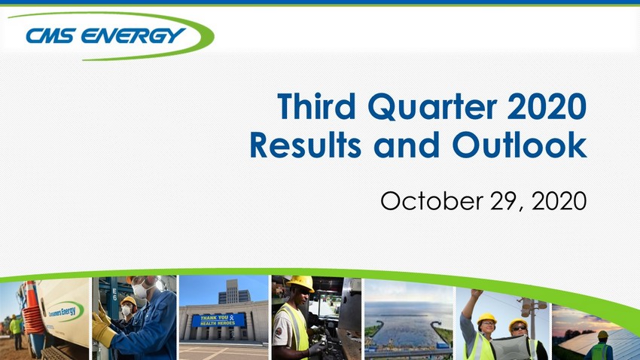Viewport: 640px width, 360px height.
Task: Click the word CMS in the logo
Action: point(50,35)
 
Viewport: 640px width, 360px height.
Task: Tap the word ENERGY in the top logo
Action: point(133,35)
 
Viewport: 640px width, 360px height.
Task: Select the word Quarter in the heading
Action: point(432,107)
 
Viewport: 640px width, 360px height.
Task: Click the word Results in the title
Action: point(306,145)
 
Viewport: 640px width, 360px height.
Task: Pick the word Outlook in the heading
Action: point(520,145)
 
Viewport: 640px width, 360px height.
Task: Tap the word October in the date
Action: point(432,200)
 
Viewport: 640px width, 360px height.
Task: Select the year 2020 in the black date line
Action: point(559,201)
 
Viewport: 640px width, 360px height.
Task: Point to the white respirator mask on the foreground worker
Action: point(141,291)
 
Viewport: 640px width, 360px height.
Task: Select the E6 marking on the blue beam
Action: point(114,294)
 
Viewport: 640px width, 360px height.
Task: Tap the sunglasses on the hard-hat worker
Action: point(519,328)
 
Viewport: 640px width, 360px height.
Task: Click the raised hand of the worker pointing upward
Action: point(476,294)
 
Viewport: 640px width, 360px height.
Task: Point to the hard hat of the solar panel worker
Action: point(603,334)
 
